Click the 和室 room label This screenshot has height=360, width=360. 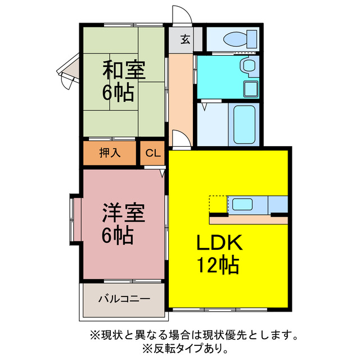tap(124, 71)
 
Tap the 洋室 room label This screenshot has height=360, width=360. tap(124, 214)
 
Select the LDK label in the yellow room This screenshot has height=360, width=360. tap(219, 243)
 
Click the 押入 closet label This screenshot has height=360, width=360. tap(110, 152)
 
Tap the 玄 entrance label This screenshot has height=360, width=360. tap(184, 39)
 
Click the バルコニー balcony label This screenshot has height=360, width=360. tap(124, 298)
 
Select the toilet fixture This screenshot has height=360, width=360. tap(235, 39)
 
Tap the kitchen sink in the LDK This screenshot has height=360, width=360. tap(244, 204)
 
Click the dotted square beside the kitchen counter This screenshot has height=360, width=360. tap(218, 204)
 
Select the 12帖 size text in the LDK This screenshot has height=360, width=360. tap(219, 264)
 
